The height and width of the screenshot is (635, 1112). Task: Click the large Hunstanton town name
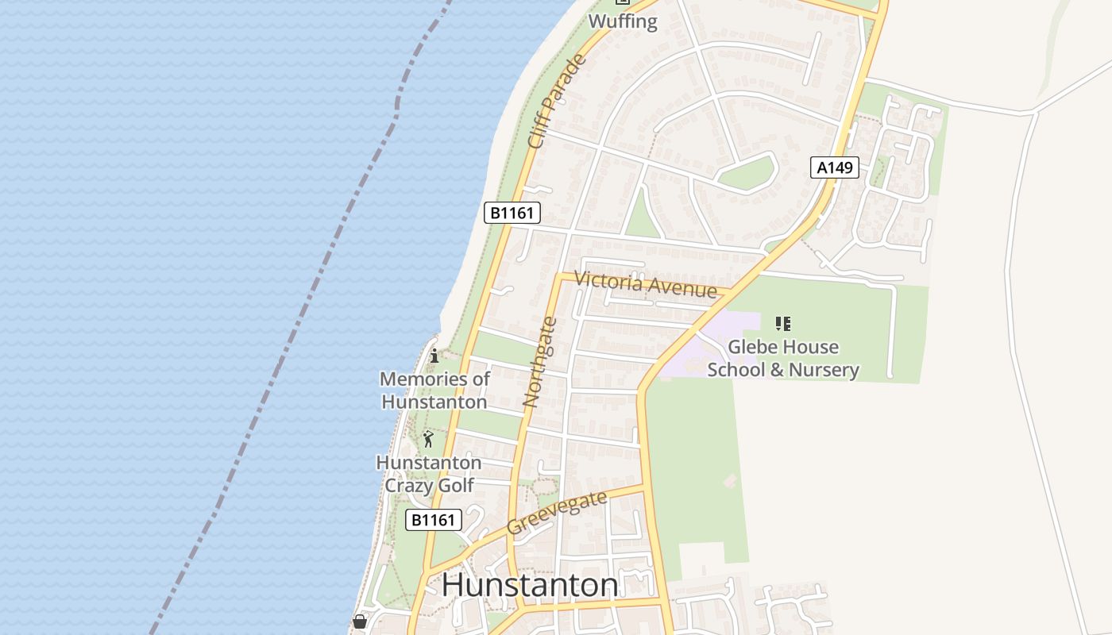[x=530, y=586]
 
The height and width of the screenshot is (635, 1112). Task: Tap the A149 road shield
[x=835, y=167]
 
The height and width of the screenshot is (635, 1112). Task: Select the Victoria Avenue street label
[x=645, y=284]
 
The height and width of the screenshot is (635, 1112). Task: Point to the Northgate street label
[x=540, y=362]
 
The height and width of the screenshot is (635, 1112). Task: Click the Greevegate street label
[x=557, y=513]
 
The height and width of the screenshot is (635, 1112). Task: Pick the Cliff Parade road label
[x=557, y=101]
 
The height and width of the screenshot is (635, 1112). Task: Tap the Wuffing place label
[x=624, y=21]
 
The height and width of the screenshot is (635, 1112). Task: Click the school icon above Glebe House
[x=783, y=324]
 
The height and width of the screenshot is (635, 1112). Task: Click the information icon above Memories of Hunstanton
[x=434, y=356]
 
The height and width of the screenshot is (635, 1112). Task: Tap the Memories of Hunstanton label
[x=434, y=390]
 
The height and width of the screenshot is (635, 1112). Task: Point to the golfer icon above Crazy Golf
[x=429, y=439]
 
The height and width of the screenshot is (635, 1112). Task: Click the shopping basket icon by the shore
[x=360, y=622]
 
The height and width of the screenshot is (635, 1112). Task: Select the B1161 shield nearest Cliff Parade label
[x=512, y=213]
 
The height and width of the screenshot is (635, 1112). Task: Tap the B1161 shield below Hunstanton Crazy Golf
[x=434, y=520]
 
